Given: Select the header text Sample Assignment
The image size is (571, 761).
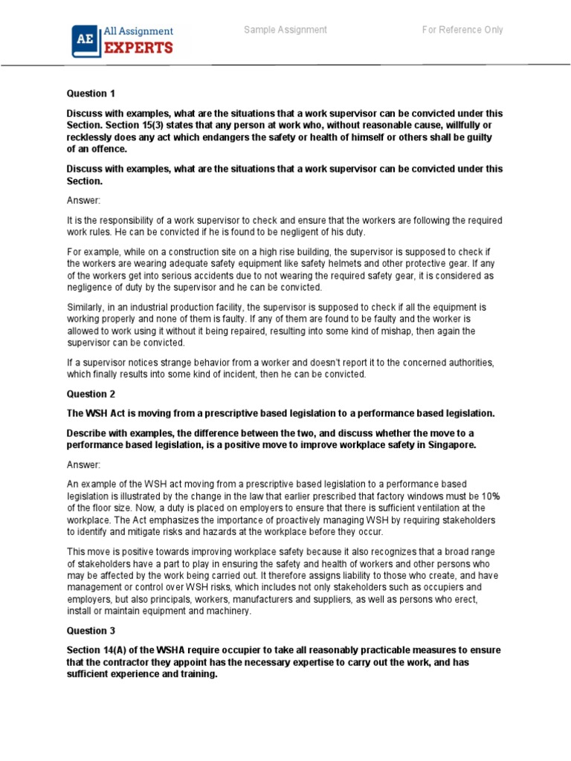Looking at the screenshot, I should pyautogui.click(x=285, y=30).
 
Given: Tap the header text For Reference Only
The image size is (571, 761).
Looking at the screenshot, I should pyautogui.click(x=462, y=30).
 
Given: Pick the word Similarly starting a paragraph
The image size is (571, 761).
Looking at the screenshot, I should pyautogui.click(x=86, y=306).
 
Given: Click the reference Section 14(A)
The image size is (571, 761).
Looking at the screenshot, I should pyautogui.click(x=98, y=650).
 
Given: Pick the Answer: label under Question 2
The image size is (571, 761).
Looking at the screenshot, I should pyautogui.click(x=83, y=464).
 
